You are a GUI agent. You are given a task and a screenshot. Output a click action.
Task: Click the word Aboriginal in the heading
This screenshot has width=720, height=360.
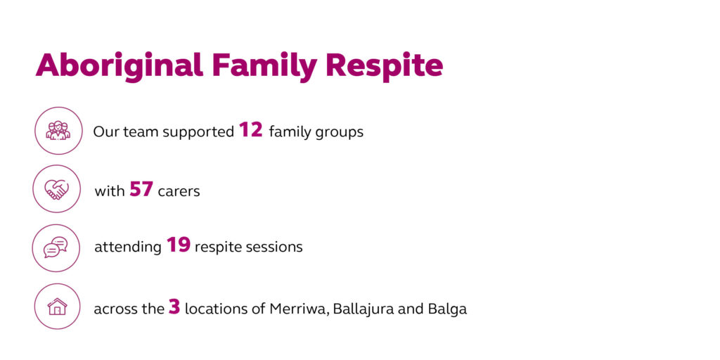coord(120,66)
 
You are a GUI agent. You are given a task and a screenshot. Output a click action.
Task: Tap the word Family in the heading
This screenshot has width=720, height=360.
coord(264,66)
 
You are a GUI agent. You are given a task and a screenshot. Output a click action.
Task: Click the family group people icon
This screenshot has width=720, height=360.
coord(58,130)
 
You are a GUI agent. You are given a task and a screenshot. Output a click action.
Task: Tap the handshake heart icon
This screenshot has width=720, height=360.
coord(56,189)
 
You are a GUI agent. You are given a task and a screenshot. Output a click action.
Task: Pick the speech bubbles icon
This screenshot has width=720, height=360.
coord(56,247)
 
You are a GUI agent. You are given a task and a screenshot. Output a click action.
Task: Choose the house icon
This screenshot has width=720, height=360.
coord(58,307)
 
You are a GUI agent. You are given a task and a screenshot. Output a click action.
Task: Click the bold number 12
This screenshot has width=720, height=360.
coord(251,130)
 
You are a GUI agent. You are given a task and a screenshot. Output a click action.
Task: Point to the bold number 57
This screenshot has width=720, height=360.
coord(141,188)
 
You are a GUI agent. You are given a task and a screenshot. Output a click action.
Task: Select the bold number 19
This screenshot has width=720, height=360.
coord(178,245)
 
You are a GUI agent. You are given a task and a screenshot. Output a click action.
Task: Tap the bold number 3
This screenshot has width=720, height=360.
coord(174,307)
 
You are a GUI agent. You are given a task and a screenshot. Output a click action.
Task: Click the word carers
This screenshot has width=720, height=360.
coord(179,191)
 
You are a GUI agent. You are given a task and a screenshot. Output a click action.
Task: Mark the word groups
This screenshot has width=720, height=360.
coord(340,134)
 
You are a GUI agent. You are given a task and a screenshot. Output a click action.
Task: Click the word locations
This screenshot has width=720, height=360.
coord(212,309)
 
